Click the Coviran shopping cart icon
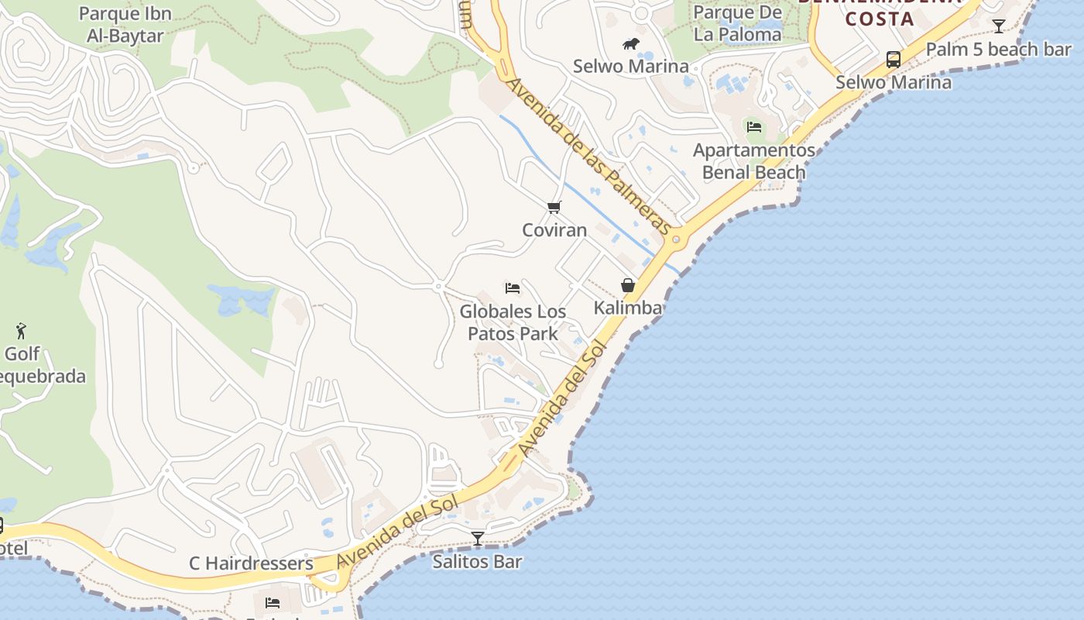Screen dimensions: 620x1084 (554, 207)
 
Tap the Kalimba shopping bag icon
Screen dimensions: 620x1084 (628, 285)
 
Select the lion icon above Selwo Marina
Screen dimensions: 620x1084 (631, 44)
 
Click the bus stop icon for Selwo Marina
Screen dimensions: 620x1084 (893, 60)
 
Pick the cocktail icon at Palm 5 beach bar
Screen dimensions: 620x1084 (999, 26)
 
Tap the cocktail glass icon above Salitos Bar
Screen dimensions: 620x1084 (478, 538)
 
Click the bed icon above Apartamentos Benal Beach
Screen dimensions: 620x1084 (754, 127)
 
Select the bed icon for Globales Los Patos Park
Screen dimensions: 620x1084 (512, 288)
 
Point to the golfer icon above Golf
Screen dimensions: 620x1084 (21, 331)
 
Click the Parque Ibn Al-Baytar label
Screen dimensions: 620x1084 (125, 25)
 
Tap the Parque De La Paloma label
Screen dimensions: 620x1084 (737, 23)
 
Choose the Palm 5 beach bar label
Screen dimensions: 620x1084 (998, 50)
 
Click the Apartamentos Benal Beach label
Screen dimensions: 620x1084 (754, 161)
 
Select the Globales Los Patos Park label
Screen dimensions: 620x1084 (513, 322)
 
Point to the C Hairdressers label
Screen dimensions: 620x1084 (251, 563)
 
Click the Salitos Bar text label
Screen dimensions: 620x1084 (477, 562)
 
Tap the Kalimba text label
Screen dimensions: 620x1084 (628, 308)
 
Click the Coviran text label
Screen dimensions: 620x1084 (554, 230)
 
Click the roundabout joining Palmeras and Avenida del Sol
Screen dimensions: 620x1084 (676, 239)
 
